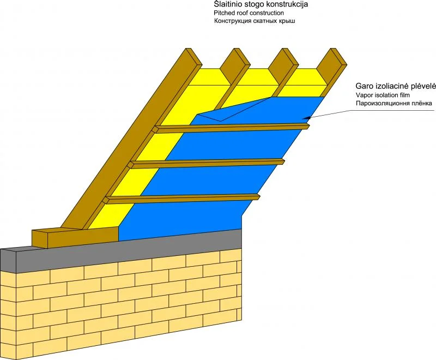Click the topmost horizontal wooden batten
point(232,127)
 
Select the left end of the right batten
point(156,129)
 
